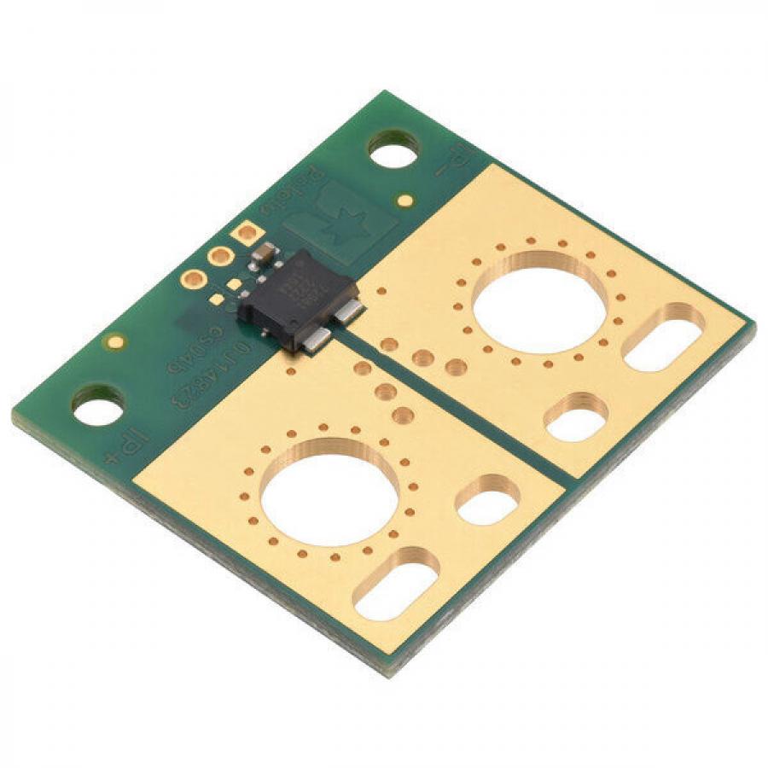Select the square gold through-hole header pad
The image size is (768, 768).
247,233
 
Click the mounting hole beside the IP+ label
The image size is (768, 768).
97,406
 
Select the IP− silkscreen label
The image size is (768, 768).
452,159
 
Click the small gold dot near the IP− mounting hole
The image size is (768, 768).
406,201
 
